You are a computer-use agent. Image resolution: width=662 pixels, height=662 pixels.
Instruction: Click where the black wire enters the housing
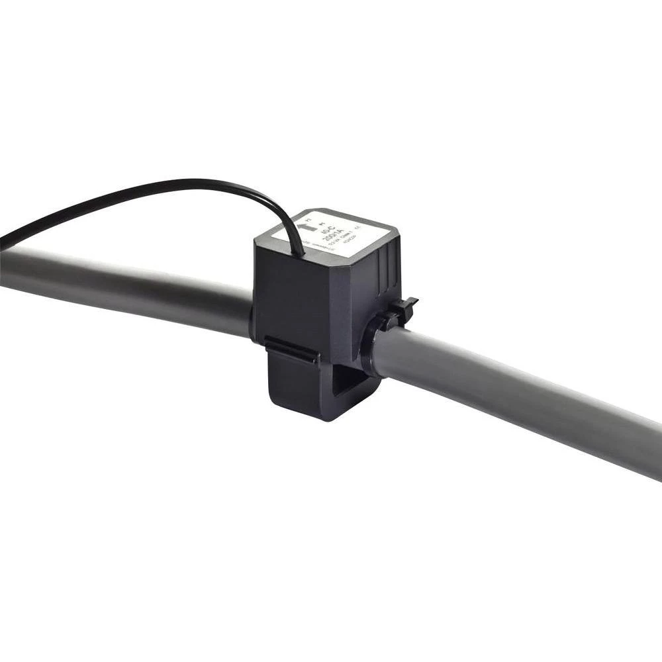pos(303,252)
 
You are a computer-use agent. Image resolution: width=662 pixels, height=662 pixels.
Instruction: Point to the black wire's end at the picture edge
pos(2,242)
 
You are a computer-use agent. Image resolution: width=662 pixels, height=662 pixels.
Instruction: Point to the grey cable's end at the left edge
pos(3,268)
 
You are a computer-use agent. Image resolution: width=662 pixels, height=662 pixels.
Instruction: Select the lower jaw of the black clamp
pos(311,391)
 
